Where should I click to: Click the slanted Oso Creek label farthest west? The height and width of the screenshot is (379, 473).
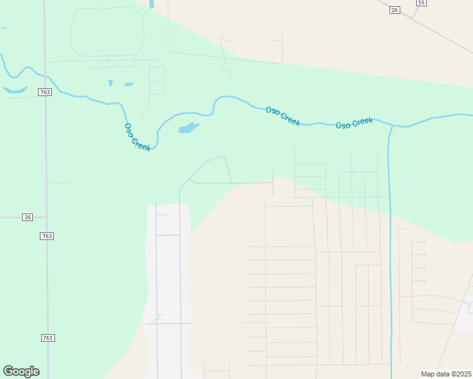(137, 136)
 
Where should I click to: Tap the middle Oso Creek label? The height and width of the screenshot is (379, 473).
(283, 116)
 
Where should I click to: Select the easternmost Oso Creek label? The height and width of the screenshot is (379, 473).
(354, 123)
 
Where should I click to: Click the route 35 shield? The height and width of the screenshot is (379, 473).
(421, 3)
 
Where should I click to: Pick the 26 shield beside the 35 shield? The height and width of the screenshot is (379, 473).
(395, 10)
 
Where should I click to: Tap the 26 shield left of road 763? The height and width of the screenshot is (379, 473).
(27, 217)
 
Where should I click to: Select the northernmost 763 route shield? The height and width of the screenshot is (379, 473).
(44, 92)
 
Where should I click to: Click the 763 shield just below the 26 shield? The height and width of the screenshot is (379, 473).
(46, 236)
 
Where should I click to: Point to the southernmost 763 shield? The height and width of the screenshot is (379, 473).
(48, 338)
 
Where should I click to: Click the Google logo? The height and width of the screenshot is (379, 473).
(21, 371)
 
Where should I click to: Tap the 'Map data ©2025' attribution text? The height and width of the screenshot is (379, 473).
(446, 374)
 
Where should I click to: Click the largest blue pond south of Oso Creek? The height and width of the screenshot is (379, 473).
(188, 128)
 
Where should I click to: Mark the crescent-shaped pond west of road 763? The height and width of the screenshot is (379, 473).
(15, 90)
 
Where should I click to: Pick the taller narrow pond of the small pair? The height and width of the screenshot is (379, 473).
(111, 83)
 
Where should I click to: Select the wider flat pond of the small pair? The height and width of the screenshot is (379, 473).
(128, 84)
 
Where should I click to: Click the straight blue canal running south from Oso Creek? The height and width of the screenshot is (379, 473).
(390, 253)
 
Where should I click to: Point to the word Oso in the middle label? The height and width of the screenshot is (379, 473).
(273, 111)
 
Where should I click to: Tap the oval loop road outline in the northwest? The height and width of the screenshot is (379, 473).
(107, 32)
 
